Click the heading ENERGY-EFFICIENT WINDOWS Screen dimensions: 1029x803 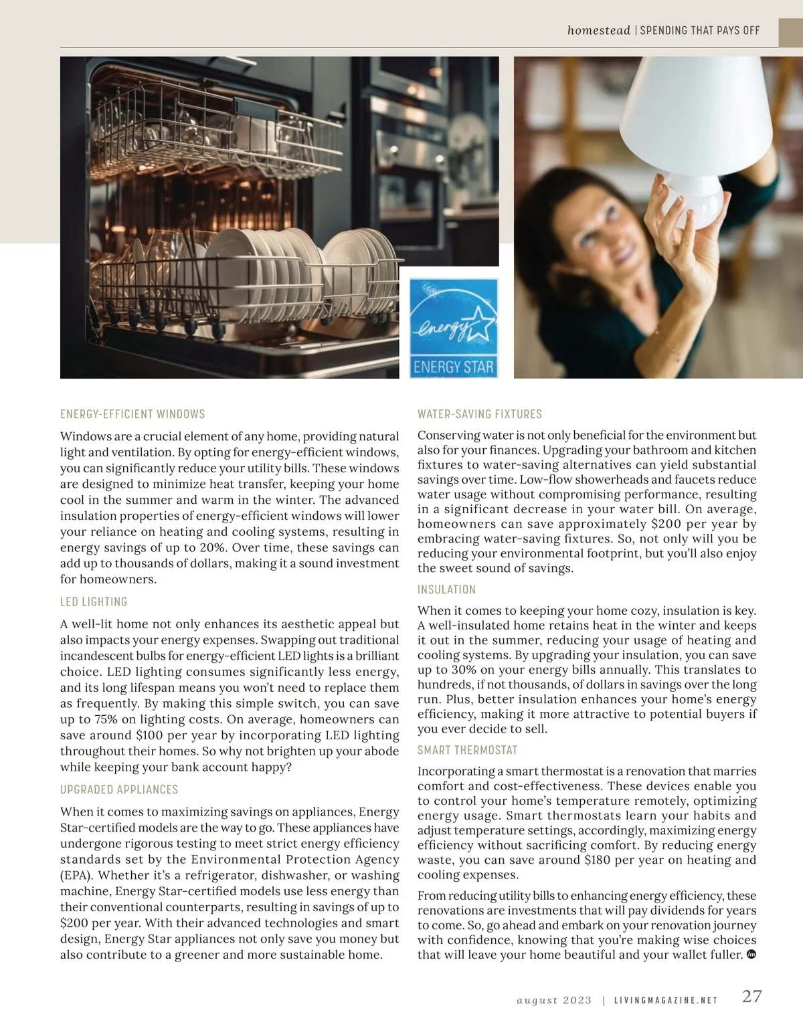pos(132,414)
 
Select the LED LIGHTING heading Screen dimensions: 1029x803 pos(94,601)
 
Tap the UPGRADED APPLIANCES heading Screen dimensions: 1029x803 pos(119,789)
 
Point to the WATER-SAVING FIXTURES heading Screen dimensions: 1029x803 pos(480,414)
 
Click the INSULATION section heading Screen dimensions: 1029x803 pos(446,589)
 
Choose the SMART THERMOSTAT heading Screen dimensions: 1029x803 pos(468,750)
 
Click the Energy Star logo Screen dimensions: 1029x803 pos(454,328)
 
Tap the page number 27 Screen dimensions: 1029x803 pos(751,996)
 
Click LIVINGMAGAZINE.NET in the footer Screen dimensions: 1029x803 pos(666,1000)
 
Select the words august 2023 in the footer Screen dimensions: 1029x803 pos(555,1000)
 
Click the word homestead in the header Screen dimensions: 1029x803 pos(598,30)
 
